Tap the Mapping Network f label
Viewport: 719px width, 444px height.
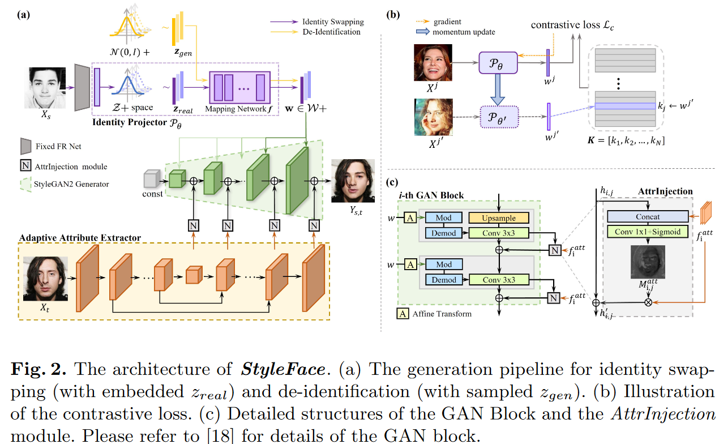click(237, 108)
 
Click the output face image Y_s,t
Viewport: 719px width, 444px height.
click(353, 181)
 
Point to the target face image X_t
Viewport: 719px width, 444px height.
click(46, 279)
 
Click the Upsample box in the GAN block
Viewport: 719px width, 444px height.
click(498, 217)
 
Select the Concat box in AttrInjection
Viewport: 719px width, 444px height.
click(647, 217)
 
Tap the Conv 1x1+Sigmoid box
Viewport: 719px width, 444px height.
click(647, 231)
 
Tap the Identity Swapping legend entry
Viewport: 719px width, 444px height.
click(332, 22)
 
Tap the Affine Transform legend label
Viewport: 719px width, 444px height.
click(442, 313)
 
